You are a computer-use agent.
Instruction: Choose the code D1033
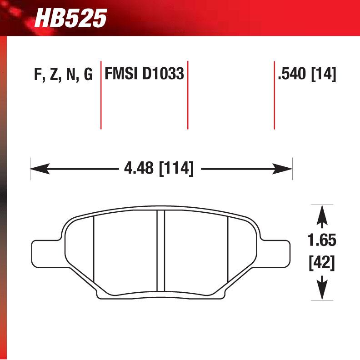(163, 74)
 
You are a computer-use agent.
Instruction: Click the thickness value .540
(292, 74)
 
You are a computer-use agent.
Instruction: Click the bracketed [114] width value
(176, 169)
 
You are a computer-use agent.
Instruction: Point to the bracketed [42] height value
(322, 262)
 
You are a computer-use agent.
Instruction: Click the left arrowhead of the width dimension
(36, 170)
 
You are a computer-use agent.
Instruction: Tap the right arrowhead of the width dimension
(286, 170)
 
